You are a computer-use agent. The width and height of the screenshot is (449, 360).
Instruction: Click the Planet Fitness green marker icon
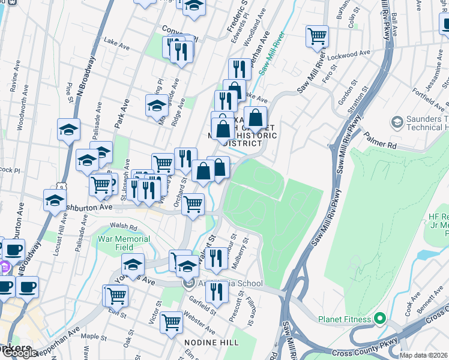click(379, 319)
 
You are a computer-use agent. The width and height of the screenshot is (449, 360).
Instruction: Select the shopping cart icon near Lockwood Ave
click(317, 36)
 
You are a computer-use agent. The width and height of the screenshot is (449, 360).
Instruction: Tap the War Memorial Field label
click(124, 242)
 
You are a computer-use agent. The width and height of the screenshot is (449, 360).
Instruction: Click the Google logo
click(19, 353)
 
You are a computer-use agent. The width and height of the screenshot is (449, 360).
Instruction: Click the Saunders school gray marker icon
click(397, 123)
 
